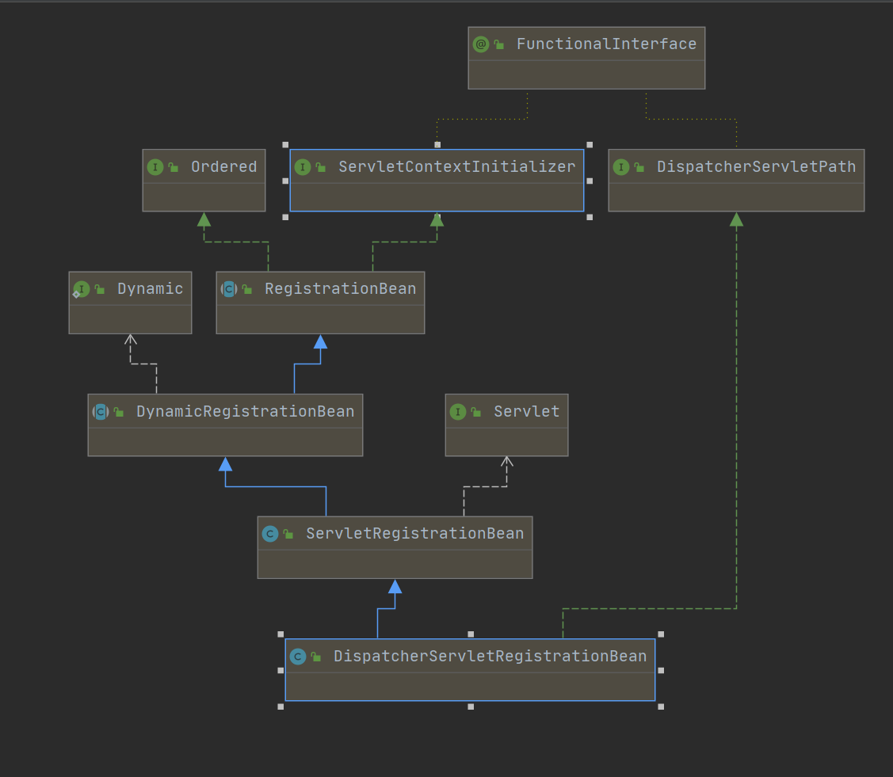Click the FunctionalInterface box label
pyautogui.click(x=606, y=44)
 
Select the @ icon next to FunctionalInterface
pyautogui.click(x=480, y=44)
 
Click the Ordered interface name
pyautogui.click(x=223, y=167)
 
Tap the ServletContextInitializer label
pyautogui.click(x=456, y=167)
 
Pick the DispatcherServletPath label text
pyautogui.click(x=756, y=167)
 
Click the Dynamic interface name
pyautogui.click(x=150, y=289)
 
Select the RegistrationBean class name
pyautogui.click(x=340, y=289)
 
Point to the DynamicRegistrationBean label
pyautogui.click(x=245, y=412)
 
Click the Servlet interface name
pyautogui.click(x=526, y=412)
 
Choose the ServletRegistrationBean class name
pyautogui.click(x=414, y=534)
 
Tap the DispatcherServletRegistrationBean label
pyautogui.click(x=490, y=657)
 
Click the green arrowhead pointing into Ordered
pyautogui.click(x=204, y=219)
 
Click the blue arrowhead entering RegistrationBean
pyautogui.click(x=320, y=342)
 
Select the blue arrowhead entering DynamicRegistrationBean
pyautogui.click(x=225, y=464)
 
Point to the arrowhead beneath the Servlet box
pyautogui.click(x=507, y=461)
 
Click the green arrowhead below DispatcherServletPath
pyautogui.click(x=736, y=219)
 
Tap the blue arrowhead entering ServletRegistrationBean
pyautogui.click(x=395, y=586)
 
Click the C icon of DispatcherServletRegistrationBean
pyautogui.click(x=298, y=657)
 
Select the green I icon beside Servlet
pyautogui.click(x=457, y=412)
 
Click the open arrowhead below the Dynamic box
pyautogui.click(x=131, y=339)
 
